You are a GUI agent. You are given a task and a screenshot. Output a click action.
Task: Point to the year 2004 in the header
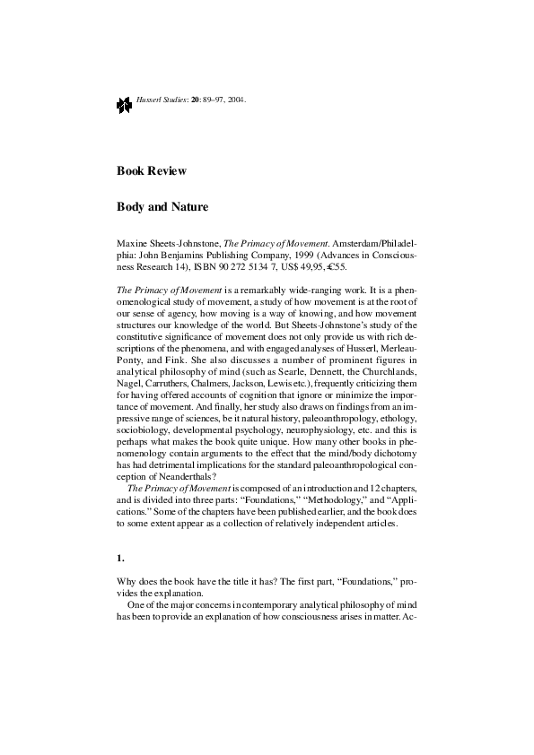click(x=236, y=100)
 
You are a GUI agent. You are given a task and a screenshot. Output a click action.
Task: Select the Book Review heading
click(x=152, y=170)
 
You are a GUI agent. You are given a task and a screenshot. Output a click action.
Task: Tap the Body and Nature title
click(x=162, y=207)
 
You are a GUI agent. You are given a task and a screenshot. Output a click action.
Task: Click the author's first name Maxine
click(x=133, y=243)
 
